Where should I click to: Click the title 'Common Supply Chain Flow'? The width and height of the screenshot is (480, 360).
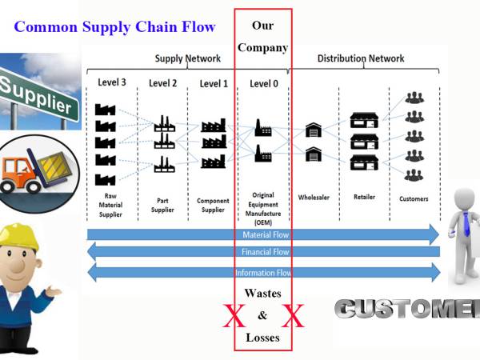coord(114,26)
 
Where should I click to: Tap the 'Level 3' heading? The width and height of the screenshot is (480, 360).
coord(111,82)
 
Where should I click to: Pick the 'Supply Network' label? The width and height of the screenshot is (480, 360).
coord(187,58)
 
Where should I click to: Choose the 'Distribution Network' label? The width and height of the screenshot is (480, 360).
coord(361,58)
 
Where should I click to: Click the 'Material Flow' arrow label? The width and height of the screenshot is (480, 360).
coord(266,234)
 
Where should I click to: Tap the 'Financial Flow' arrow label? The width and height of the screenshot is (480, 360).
coord(266,252)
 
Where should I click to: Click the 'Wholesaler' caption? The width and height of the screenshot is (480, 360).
coord(313,198)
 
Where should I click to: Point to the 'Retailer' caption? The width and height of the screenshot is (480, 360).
coord(364,197)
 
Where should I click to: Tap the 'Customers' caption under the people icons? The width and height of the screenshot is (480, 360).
coord(414,198)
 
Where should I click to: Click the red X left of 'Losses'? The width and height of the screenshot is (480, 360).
coord(234,318)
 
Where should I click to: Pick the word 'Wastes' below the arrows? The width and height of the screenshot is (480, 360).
coord(262,294)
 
